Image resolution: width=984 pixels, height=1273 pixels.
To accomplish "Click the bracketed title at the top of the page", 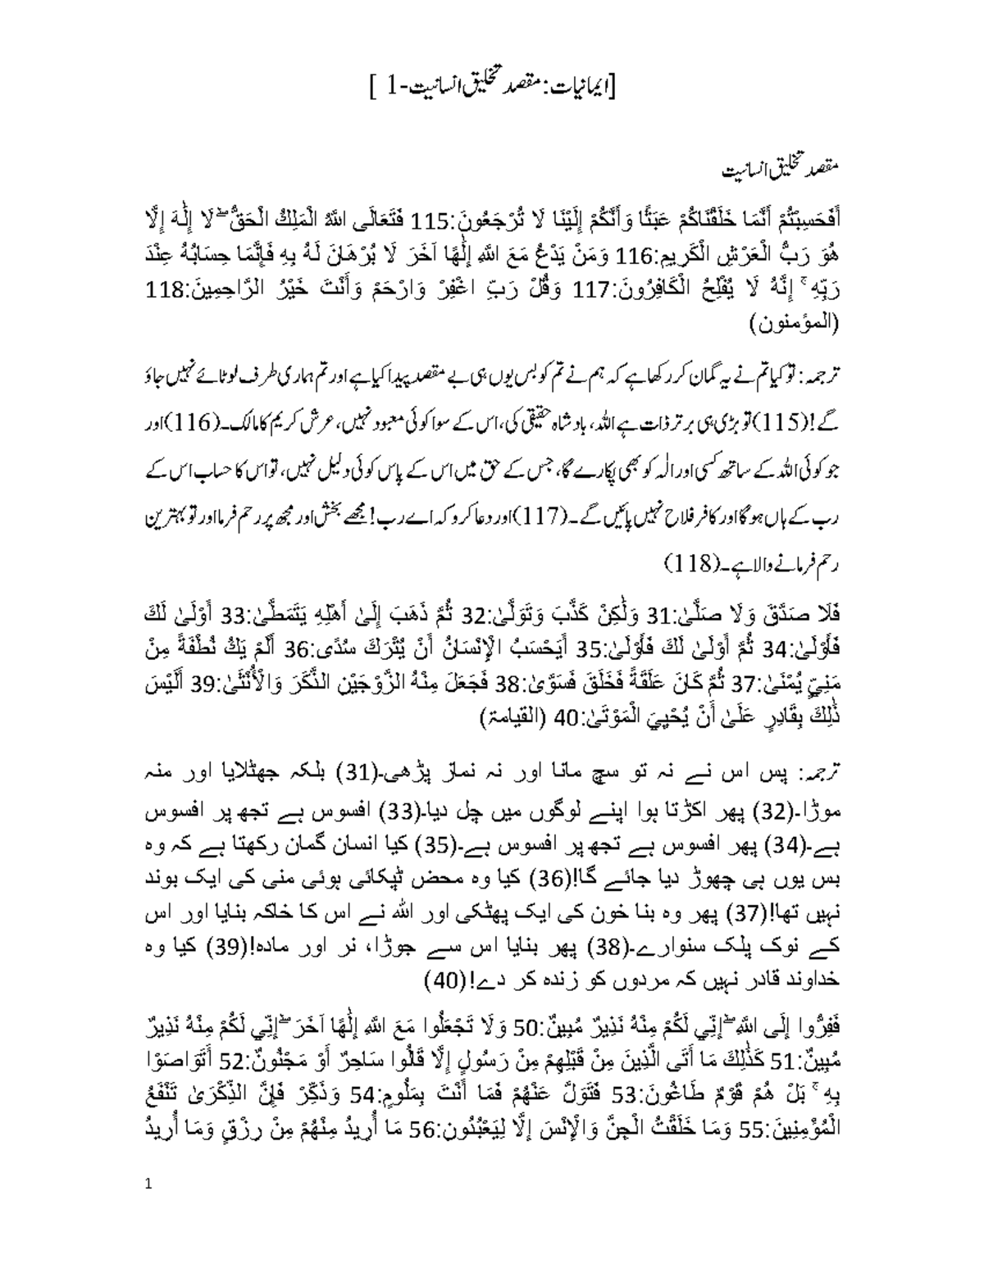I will coord(492,83).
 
